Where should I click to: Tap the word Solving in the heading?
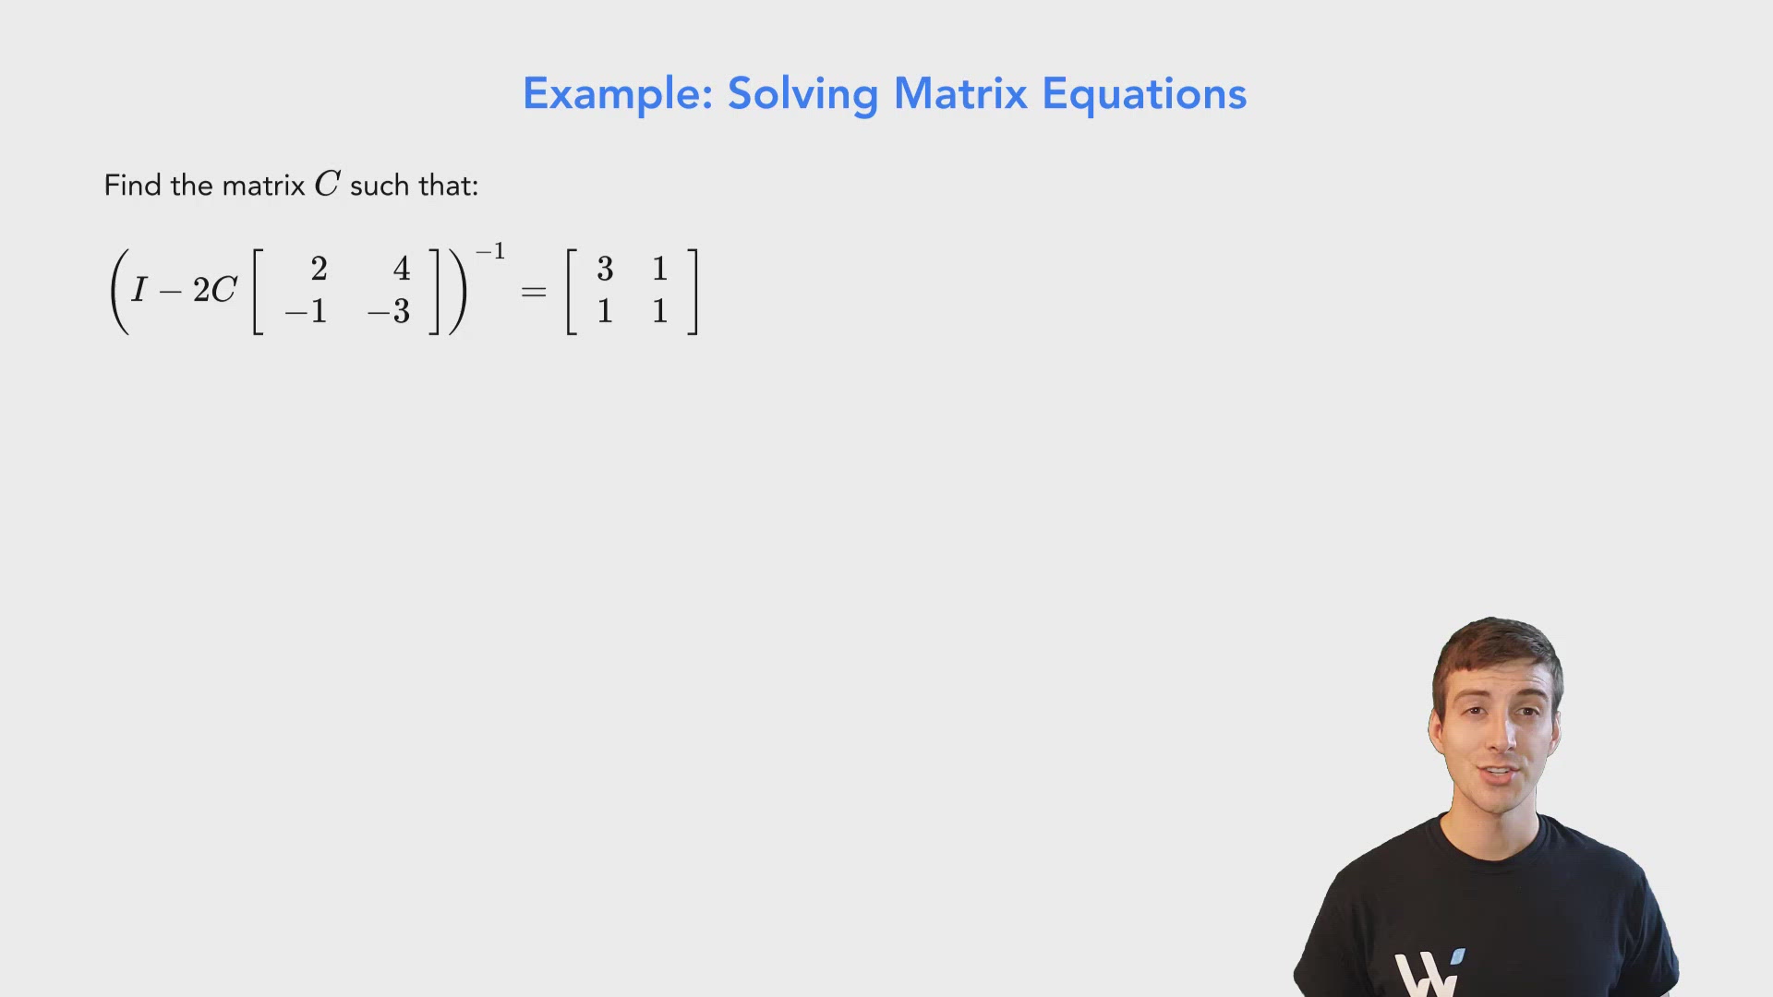802,95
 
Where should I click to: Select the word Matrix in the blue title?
960,94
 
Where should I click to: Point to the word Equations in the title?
1144,95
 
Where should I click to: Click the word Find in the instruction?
132,186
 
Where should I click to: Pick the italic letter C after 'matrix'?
327,185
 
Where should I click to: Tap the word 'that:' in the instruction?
448,186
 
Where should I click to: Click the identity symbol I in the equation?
139,291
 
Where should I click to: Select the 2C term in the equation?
214,291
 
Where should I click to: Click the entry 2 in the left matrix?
319,269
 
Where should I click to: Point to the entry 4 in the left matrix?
402,269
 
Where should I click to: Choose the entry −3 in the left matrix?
389,312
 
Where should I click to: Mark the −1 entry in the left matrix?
307,312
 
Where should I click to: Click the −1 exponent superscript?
490,252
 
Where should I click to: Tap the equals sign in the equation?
534,292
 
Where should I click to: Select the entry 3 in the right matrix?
605,269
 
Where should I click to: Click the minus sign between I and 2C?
170,293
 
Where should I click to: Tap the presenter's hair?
1496,646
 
